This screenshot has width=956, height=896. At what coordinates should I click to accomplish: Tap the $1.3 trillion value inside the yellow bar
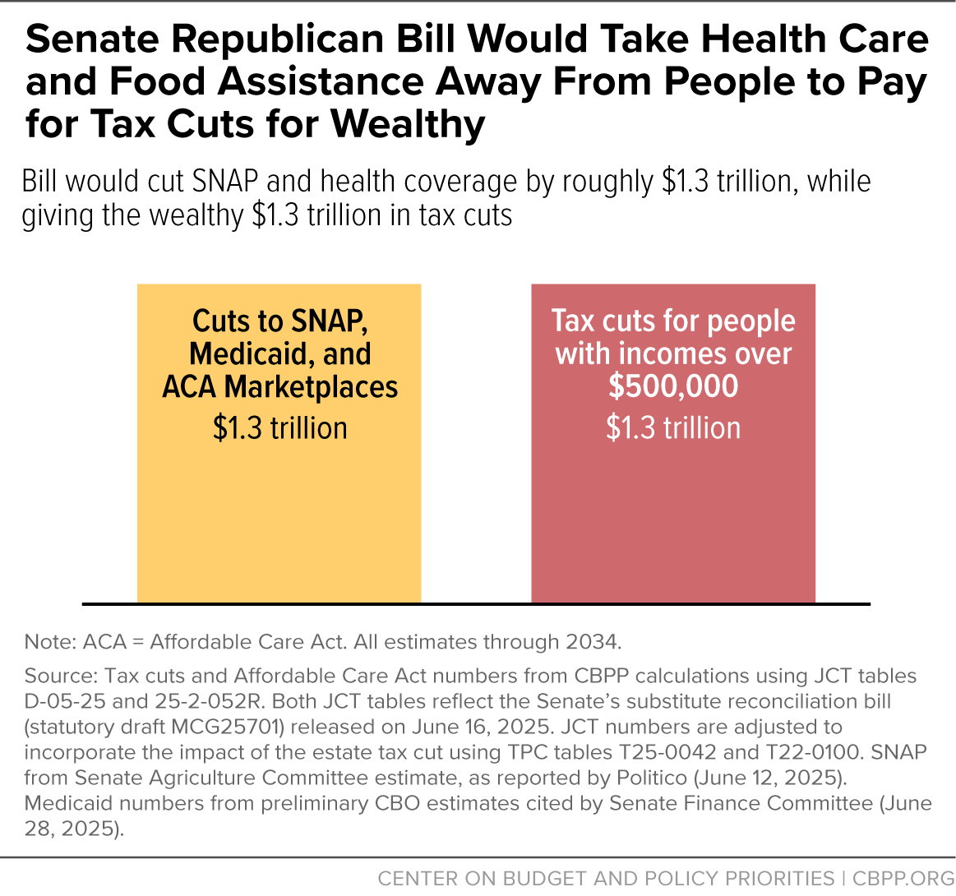[x=279, y=428]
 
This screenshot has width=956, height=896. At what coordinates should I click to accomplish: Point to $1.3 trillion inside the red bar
[x=673, y=428]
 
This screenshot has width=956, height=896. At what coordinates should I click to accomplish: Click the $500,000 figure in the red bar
[x=673, y=387]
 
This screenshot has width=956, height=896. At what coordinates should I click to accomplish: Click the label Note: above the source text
[x=50, y=642]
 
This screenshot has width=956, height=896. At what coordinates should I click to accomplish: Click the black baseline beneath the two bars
[x=476, y=604]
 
